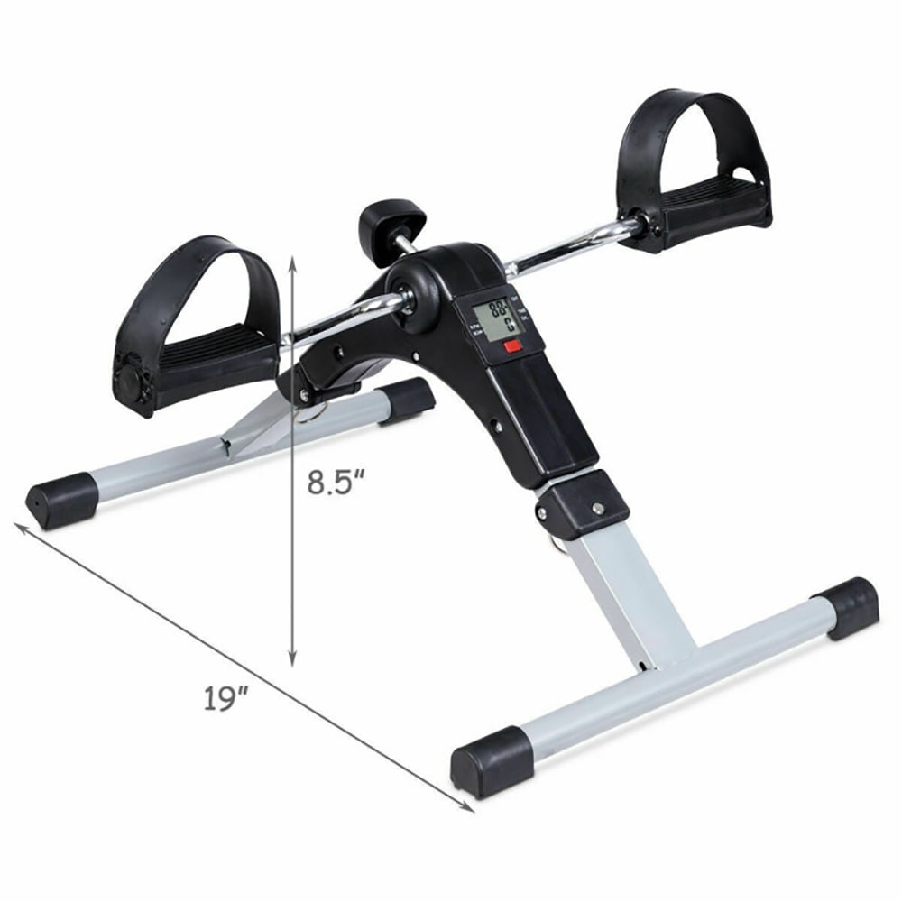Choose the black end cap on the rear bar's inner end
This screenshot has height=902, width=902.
tap(410, 400)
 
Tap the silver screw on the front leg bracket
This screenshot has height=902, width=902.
tap(596, 511)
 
